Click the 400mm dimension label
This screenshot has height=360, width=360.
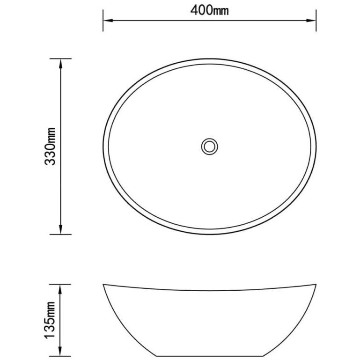click(209, 10)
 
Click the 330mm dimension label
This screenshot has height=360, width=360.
click(50, 146)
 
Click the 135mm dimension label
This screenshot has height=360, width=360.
click(50, 320)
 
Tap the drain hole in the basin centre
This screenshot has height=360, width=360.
click(209, 147)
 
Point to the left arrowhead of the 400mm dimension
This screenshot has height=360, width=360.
click(108, 21)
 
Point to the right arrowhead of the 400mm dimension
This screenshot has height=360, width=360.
click(311, 21)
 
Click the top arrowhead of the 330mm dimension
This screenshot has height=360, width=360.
click(60, 64)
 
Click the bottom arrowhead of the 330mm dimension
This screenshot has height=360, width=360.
click(60, 229)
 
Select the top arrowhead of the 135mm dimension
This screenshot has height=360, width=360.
click(60, 289)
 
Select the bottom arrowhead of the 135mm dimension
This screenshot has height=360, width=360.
click(60, 351)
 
